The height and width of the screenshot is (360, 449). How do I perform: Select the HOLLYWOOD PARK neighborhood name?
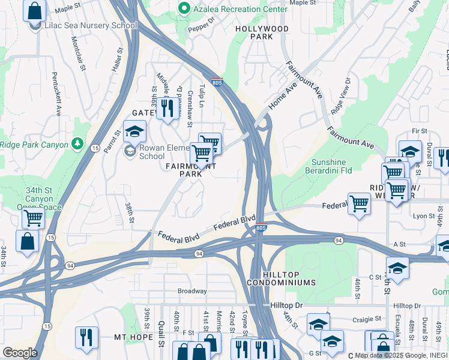(262, 32)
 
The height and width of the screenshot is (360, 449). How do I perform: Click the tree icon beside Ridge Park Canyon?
(76, 144)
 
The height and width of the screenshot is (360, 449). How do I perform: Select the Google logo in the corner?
(20, 352)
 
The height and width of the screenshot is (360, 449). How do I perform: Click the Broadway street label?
(191, 291)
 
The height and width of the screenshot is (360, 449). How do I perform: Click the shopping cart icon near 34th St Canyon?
(33, 218)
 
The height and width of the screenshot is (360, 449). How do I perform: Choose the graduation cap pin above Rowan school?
(134, 131)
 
